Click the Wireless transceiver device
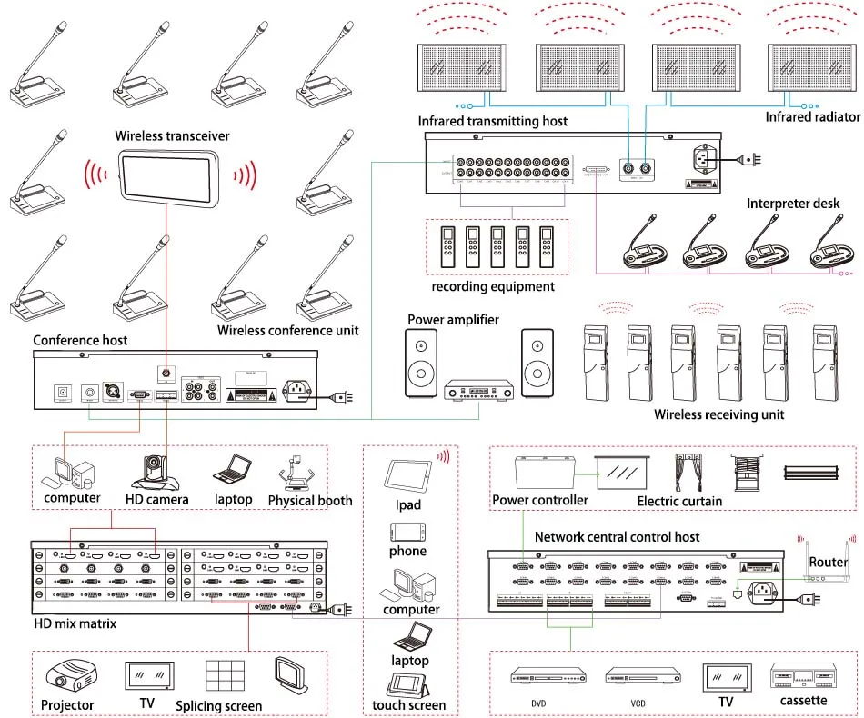(172, 175)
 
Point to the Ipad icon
(406, 474)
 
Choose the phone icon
(407, 532)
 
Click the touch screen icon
(407, 684)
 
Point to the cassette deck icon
(803, 678)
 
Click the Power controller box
(542, 473)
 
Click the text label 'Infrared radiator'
(812, 117)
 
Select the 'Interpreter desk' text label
(793, 203)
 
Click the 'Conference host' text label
(80, 341)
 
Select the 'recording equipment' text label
(492, 286)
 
